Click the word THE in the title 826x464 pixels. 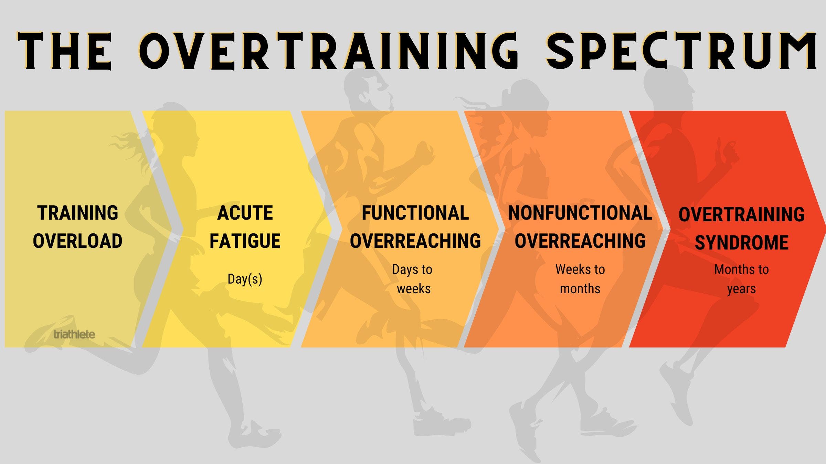point(65,51)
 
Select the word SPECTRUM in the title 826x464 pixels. point(681,51)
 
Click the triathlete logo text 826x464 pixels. point(74,334)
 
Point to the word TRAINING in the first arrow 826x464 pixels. point(78,213)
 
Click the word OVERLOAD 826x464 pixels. point(78,241)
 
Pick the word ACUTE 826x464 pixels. point(245,213)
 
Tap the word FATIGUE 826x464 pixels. point(245,241)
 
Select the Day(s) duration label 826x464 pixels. point(245,279)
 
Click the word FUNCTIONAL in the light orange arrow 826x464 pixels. point(415,213)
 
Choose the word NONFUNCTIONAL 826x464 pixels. point(580,213)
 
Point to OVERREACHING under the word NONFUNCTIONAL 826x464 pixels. point(580,241)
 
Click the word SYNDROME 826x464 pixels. point(741,243)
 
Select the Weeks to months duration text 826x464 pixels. point(580,279)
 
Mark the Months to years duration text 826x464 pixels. point(741,279)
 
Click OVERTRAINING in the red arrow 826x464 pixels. point(741,214)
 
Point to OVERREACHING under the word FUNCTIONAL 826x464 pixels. point(415,241)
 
